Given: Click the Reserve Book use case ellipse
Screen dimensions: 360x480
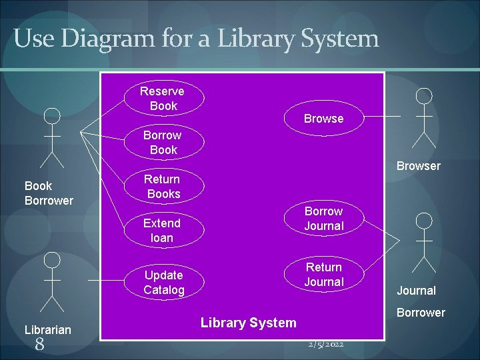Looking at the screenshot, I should click(163, 98).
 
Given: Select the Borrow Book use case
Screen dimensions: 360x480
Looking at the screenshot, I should click(163, 143).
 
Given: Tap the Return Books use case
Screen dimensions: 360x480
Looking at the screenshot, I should click(163, 187).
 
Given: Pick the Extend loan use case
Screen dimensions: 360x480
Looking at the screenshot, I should click(162, 230).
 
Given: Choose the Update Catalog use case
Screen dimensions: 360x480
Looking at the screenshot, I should click(163, 282).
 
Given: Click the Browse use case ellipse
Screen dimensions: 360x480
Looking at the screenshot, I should click(324, 119).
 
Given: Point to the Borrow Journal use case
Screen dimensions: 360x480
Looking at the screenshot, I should click(324, 219).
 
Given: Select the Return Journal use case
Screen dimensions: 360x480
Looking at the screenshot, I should click(324, 274).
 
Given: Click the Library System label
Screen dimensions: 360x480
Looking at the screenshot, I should click(248, 323).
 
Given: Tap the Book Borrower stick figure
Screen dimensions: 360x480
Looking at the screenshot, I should click(51, 137).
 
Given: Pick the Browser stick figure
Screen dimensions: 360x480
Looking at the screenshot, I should click(423, 117).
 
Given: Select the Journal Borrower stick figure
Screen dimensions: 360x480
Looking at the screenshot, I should click(423, 242).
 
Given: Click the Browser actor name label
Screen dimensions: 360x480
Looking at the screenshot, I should click(419, 166).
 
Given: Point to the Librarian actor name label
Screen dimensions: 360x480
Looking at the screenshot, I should click(48, 329).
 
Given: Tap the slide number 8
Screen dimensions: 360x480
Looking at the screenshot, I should click(39, 344).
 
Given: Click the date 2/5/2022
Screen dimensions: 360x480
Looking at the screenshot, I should click(326, 344).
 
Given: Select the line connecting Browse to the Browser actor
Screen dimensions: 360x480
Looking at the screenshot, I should click(383, 117).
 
